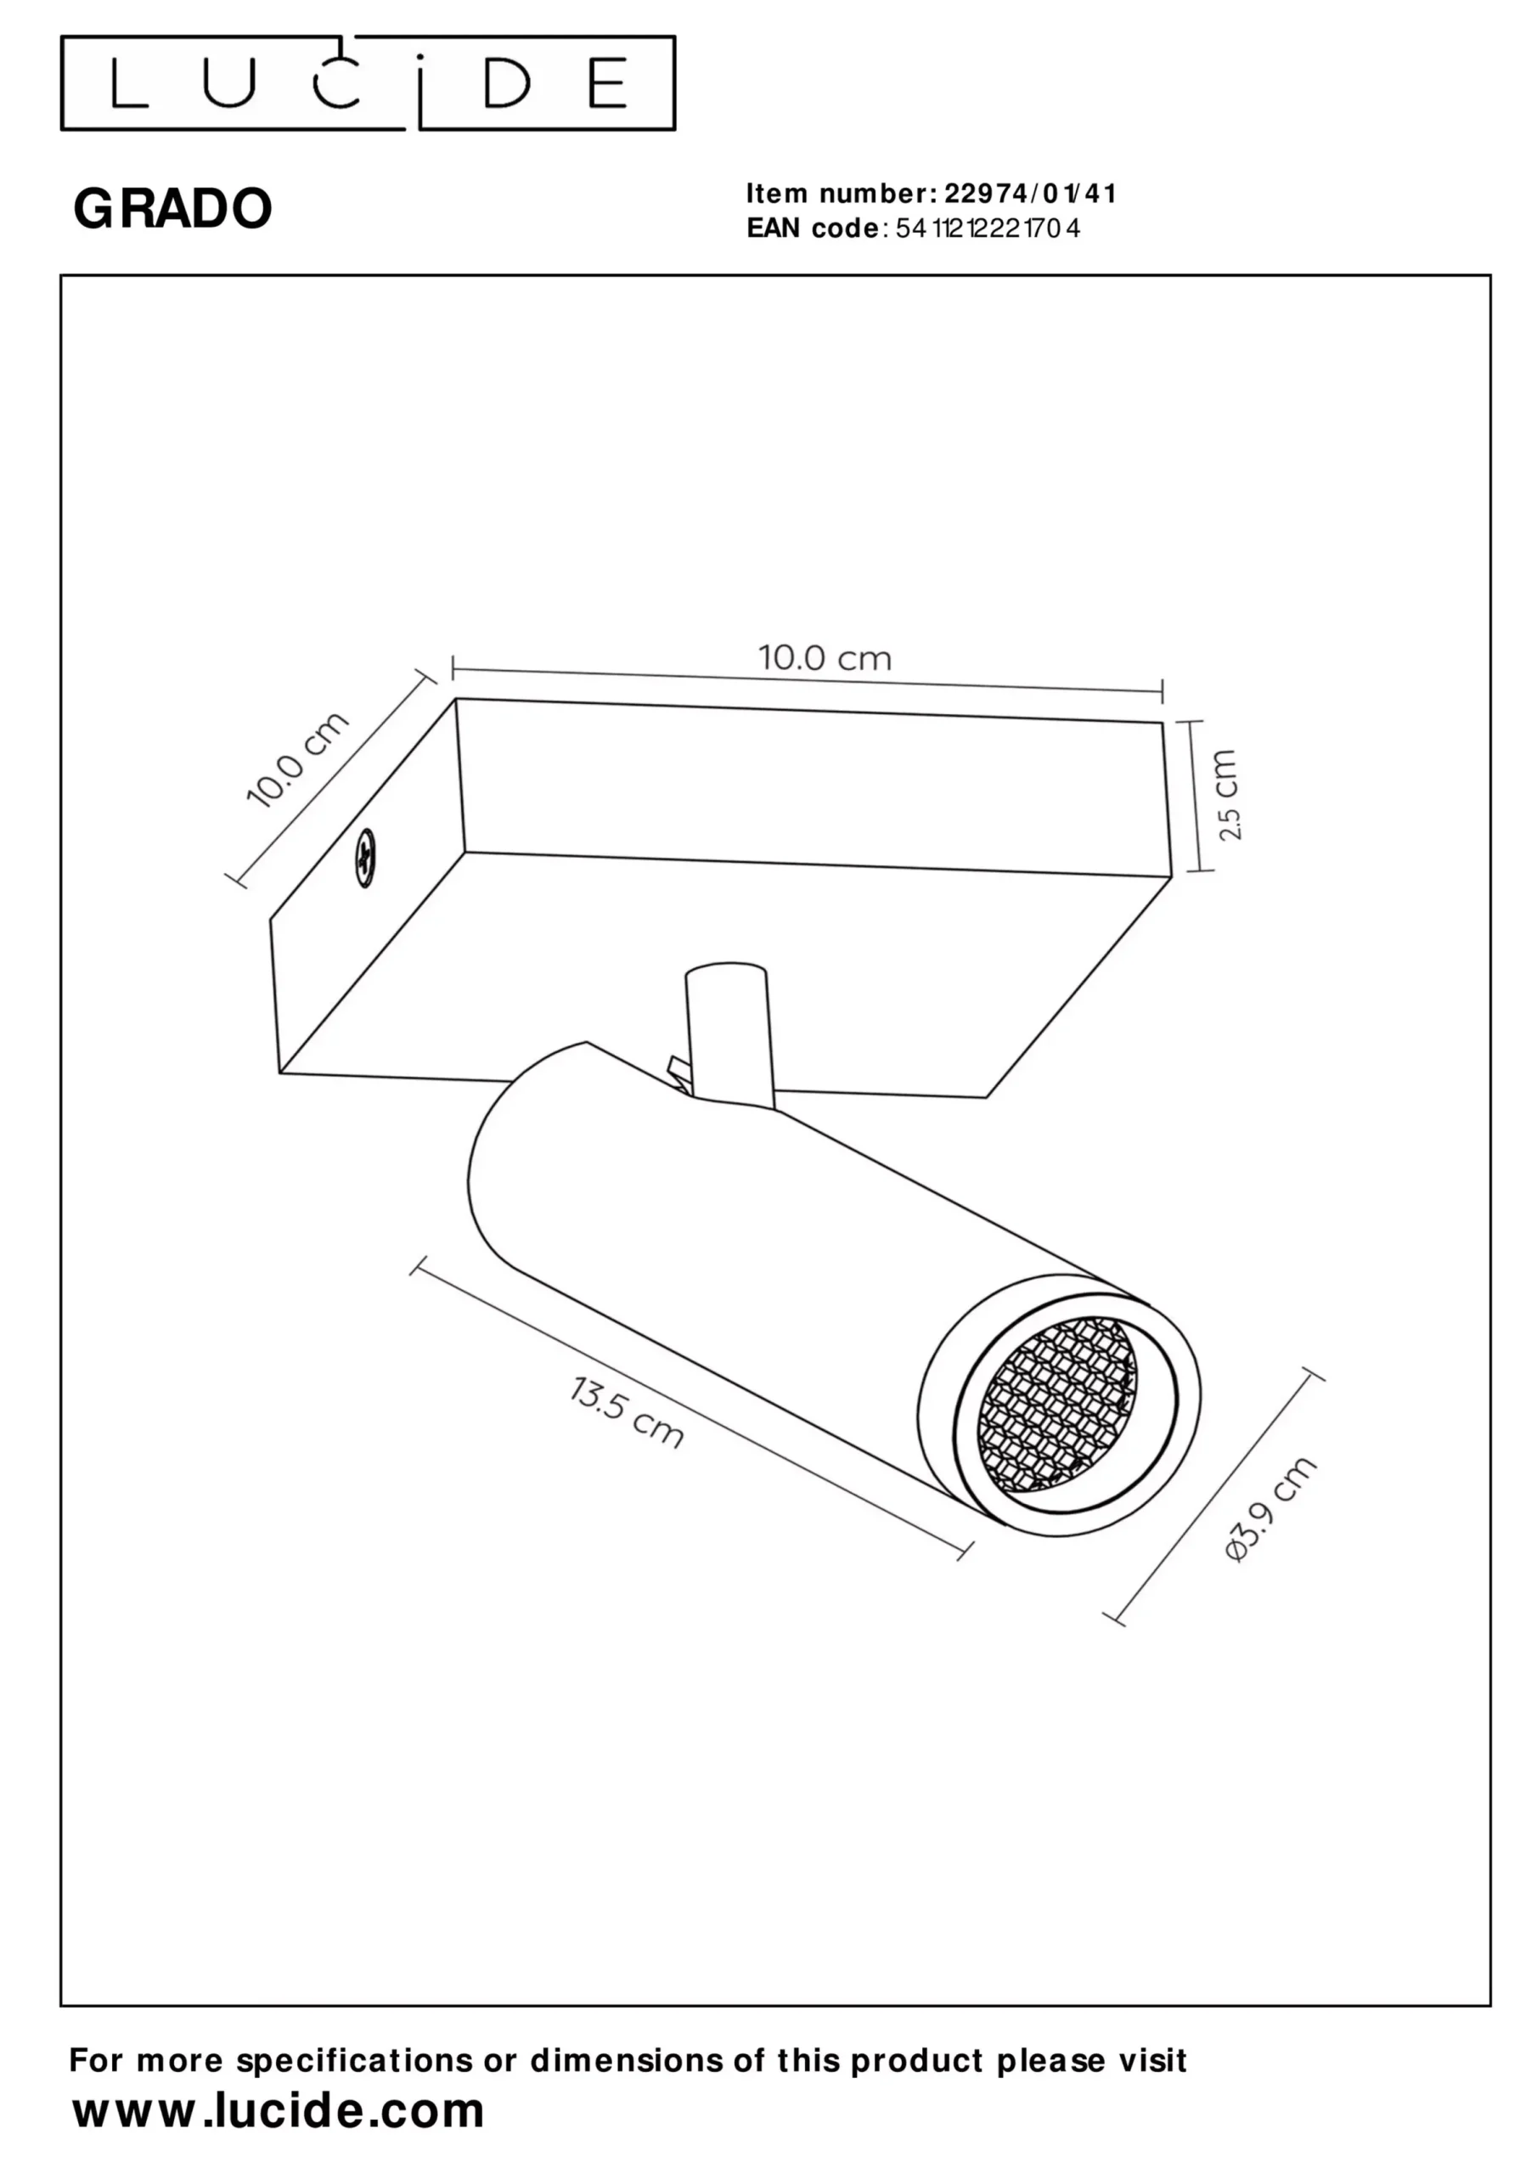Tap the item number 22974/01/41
tap(1031, 194)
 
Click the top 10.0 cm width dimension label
tap(825, 657)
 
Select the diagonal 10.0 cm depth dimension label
tap(297, 759)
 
